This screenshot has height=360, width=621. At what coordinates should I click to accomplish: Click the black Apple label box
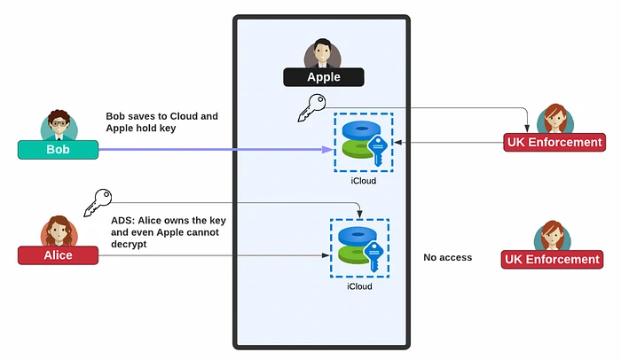pyautogui.click(x=324, y=77)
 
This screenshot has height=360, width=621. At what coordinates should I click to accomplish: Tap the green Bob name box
pyautogui.click(x=58, y=149)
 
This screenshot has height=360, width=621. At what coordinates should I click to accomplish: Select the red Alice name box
pyautogui.click(x=58, y=254)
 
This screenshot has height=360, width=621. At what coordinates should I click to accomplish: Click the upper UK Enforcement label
pyautogui.click(x=554, y=142)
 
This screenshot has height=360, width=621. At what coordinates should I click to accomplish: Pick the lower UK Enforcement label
pyautogui.click(x=552, y=259)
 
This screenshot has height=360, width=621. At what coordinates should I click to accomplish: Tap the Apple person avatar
pyautogui.click(x=323, y=52)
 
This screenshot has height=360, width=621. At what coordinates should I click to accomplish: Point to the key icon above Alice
pyautogui.click(x=97, y=202)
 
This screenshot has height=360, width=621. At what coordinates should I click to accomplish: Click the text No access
pyautogui.click(x=448, y=258)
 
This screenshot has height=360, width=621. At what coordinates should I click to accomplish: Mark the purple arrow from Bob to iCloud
pyautogui.click(x=213, y=149)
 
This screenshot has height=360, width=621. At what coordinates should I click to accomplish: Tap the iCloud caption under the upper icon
pyautogui.click(x=363, y=181)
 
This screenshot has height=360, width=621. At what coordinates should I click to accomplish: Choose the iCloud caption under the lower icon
pyautogui.click(x=359, y=286)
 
